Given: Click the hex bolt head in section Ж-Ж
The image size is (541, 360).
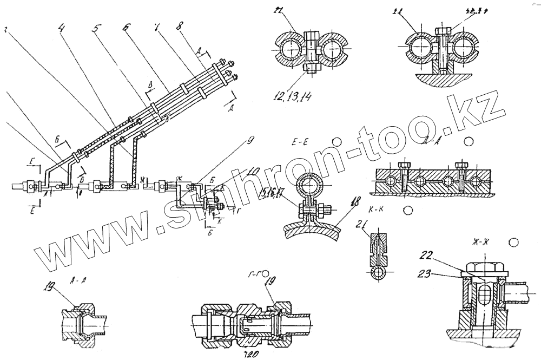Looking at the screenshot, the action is pyautogui.click(x=480, y=266).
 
